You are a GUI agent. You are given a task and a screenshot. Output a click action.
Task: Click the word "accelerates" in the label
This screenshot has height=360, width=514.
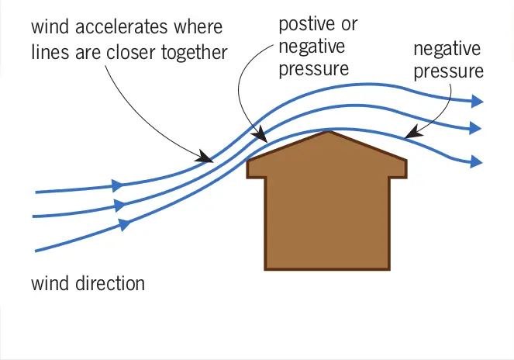(x=121, y=26)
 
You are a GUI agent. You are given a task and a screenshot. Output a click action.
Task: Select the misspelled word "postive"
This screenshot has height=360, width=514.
(x=307, y=25)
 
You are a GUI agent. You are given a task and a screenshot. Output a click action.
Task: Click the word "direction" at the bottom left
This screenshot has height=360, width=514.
(x=110, y=283)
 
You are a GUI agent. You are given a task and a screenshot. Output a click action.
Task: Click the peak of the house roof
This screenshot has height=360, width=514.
(x=328, y=132)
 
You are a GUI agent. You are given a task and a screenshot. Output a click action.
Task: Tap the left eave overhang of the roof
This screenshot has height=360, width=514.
(x=256, y=169)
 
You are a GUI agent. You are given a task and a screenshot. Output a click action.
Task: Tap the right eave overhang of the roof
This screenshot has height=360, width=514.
(x=398, y=169)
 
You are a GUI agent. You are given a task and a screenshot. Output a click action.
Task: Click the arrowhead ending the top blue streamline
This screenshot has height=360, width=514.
(x=477, y=101)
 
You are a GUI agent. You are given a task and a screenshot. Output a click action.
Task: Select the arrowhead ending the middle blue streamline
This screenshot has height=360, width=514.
(x=475, y=128)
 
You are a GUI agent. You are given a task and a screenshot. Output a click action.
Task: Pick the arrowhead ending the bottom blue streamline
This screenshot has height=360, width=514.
(x=476, y=161)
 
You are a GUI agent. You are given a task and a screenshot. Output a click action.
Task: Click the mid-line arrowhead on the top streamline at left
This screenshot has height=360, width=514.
(x=117, y=185)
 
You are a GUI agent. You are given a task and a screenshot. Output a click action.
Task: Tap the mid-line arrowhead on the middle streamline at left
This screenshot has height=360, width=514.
(x=119, y=205)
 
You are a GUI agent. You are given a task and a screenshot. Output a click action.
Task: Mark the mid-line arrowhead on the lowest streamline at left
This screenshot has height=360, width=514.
(x=124, y=224)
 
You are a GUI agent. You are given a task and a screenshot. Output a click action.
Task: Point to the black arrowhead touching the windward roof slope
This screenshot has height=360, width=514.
(x=260, y=134)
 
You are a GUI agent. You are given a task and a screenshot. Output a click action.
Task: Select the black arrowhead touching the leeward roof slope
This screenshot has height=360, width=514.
(x=412, y=132)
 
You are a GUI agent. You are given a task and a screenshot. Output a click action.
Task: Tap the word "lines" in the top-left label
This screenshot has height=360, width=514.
(x=50, y=53)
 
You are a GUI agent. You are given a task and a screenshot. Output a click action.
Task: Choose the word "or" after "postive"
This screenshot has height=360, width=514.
(x=349, y=26)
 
